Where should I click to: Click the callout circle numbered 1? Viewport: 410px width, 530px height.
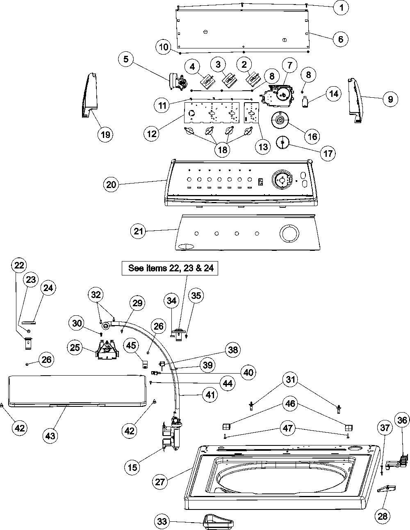click(341, 7)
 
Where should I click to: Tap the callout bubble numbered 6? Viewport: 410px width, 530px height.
click(340, 39)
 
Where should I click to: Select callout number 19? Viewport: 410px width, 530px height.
click(105, 134)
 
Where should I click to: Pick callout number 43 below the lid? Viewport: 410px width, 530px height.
click(50, 436)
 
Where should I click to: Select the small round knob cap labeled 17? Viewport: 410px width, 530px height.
click(282, 142)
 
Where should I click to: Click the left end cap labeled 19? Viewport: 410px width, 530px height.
click(90, 95)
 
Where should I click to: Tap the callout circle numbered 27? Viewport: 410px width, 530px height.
click(160, 482)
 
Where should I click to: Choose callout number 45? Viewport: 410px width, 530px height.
click(131, 345)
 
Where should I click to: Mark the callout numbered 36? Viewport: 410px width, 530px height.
click(402, 420)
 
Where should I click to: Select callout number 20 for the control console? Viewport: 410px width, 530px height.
click(111, 184)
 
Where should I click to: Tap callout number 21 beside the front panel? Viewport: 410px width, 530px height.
click(138, 231)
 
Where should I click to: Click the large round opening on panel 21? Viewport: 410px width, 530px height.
click(289, 233)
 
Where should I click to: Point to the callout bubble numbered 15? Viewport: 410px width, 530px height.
click(132, 467)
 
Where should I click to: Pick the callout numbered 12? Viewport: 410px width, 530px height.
click(152, 134)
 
